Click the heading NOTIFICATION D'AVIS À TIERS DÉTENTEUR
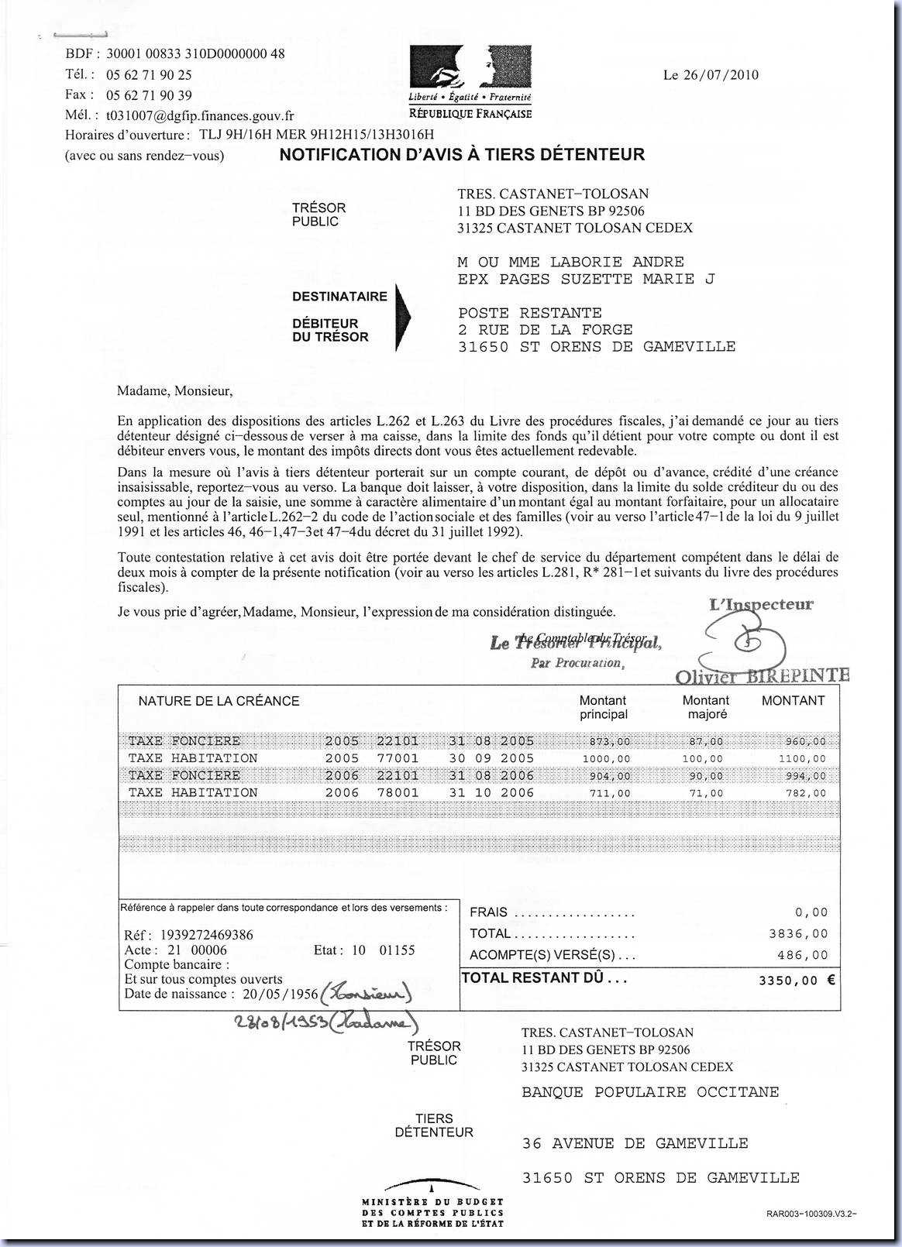tap(462, 154)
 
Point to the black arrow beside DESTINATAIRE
tap(402, 318)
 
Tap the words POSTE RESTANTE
tap(530, 313)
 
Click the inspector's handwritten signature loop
tap(744, 644)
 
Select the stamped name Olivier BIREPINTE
tap(762, 676)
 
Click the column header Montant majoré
tap(705, 707)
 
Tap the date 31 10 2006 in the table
tap(491, 792)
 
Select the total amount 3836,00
tap(798, 934)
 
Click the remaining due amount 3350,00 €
tap(797, 980)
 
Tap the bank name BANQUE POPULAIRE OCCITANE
tap(650, 1092)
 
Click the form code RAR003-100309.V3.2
tap(812, 1214)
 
